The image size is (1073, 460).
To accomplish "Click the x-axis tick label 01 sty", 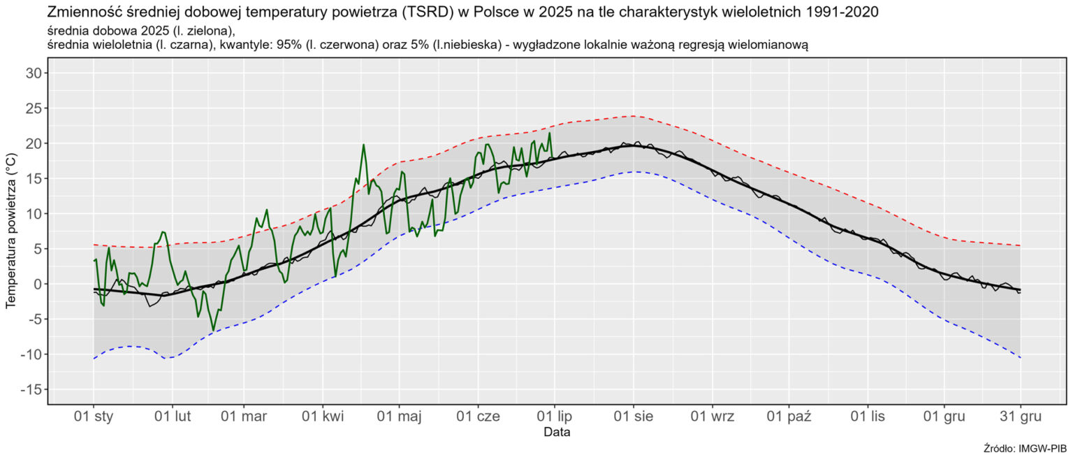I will tap(94, 417).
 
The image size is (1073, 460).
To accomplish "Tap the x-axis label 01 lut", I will tap(173, 417).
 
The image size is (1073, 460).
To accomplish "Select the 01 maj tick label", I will tap(400, 417).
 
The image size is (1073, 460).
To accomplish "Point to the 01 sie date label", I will tap(633, 417).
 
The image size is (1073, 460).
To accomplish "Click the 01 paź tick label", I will tap(789, 417).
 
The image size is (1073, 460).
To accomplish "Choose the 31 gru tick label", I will tap(1020, 417).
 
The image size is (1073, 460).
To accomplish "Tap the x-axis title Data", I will tap(557, 433).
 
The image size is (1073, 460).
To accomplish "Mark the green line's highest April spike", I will tap(363, 145).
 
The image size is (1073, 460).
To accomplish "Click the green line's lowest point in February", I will tap(214, 330).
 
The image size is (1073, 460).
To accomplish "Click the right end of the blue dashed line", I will tap(1020, 358).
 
